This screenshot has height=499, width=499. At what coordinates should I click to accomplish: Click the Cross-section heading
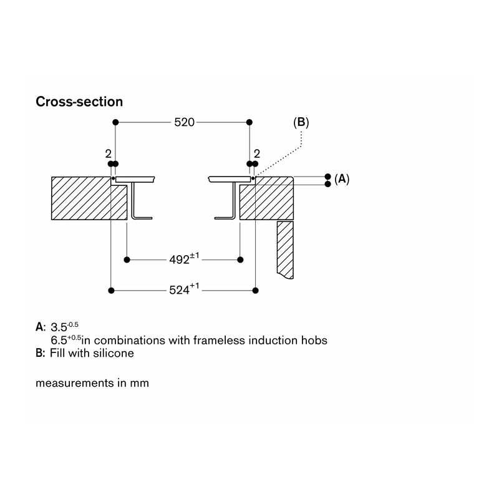[x=79, y=102]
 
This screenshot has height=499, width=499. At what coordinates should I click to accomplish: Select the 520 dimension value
[x=184, y=122]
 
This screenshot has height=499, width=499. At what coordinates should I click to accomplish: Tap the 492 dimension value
[x=180, y=259]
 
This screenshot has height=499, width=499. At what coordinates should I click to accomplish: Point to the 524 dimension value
[x=180, y=290]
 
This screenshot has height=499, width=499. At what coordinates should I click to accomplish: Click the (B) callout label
[x=301, y=122]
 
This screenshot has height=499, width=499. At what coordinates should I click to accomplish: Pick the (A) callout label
[x=342, y=179]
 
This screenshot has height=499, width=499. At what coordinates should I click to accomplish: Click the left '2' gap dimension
[x=108, y=154]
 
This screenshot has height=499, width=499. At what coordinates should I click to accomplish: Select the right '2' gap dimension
[x=257, y=154]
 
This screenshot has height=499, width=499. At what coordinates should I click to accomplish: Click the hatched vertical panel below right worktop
[x=285, y=250]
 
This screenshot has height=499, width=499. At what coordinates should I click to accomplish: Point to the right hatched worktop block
[x=267, y=198]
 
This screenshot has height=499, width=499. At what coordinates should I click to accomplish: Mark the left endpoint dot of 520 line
[x=115, y=122]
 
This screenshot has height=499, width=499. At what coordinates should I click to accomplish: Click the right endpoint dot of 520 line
[x=249, y=122]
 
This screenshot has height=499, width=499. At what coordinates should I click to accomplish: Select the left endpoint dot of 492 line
[x=127, y=260]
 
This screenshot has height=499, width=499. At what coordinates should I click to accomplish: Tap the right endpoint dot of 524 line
[x=255, y=290]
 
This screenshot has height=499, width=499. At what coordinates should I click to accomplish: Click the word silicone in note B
[x=118, y=353]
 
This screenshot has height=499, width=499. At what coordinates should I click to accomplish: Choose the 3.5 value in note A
[x=59, y=327]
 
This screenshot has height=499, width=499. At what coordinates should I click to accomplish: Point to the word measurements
[x=75, y=383]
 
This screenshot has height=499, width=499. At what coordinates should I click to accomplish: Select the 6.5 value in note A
[x=59, y=340]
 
